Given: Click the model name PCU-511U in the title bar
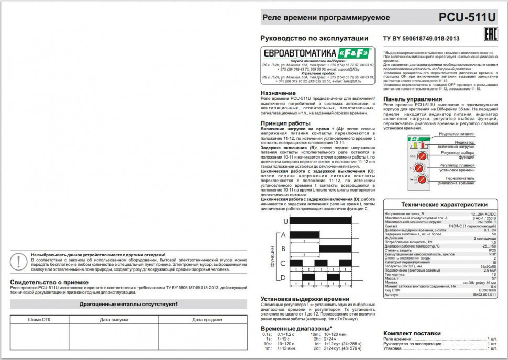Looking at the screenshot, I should coord(467,17).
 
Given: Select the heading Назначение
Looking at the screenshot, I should coord(278,93).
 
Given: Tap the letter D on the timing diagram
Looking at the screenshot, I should coord(283,277).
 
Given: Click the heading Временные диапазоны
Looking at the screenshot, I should coord(296,328).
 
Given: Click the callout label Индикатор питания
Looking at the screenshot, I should coord(459,134).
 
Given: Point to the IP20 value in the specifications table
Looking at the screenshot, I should coord(492,250).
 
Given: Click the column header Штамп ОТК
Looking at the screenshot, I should coord(39,319).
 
